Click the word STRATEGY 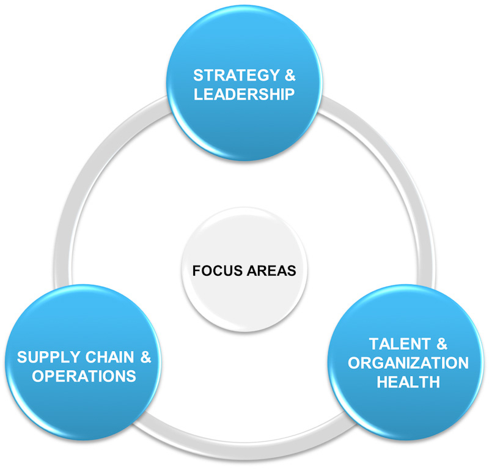237,75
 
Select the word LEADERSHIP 244,94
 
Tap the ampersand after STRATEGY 290,75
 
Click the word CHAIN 110,357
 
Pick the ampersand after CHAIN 145,357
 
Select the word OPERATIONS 84,376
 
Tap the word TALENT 400,344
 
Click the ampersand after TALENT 442,344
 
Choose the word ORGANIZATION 408,363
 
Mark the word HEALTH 408,382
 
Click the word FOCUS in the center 218,270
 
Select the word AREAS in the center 271,270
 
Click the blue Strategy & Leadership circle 244,83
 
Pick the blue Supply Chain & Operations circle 83,363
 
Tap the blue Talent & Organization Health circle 406,363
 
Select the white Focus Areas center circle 244,269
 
